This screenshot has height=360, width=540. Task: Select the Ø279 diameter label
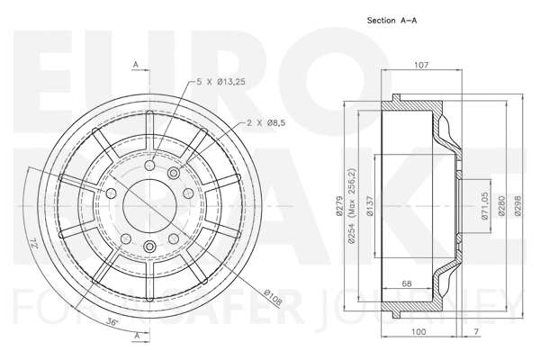tap(339, 206)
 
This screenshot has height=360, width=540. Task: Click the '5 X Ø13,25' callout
tap(220, 82)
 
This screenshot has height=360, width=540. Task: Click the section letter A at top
tap(135, 65)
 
